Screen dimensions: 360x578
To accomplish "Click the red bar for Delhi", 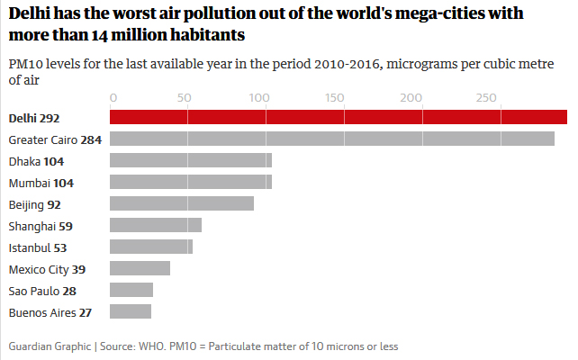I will click(338, 117).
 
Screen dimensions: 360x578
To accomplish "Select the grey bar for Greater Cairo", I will click(331, 139).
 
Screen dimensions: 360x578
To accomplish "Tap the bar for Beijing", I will click(181, 203).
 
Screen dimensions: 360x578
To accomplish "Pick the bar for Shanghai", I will click(155, 225).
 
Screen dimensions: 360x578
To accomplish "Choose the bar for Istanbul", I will click(150, 247).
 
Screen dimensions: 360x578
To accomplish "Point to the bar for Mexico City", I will click(140, 268).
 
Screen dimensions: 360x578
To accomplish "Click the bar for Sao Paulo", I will click(131, 290).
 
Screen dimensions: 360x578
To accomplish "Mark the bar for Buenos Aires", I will click(131, 311).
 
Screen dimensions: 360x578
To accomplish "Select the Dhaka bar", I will click(190, 160).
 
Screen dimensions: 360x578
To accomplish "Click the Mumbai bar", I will click(190, 182).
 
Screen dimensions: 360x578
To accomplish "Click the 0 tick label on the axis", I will click(113, 97).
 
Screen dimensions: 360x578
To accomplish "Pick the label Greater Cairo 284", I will click(55, 139).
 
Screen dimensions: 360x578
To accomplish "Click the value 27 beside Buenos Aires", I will click(85, 312).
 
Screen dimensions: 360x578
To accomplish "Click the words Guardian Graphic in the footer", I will click(48, 346).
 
